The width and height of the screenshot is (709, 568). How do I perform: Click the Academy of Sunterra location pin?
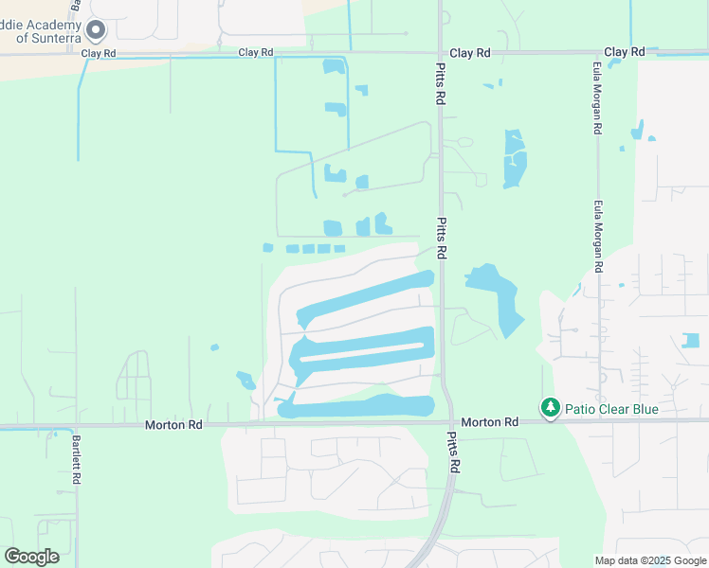click(x=96, y=30)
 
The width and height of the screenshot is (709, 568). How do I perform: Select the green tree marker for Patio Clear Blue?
click(x=551, y=408)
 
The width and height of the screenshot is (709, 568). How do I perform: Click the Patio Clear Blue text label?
click(x=611, y=409)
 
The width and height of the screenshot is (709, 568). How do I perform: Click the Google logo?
click(x=31, y=556)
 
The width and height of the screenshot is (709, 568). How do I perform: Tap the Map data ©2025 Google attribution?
click(x=649, y=560)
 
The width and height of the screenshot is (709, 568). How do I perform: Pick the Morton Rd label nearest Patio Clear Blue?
click(x=490, y=422)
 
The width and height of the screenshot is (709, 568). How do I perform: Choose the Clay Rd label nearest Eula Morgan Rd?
click(x=624, y=52)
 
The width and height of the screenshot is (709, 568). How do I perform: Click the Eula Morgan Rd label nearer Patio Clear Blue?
click(x=598, y=236)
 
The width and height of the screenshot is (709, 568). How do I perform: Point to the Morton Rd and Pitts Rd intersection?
click(x=445, y=423)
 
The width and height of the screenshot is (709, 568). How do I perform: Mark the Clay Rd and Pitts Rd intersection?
click(x=441, y=53)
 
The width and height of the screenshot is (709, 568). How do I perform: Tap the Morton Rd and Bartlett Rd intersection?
click(x=77, y=427)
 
